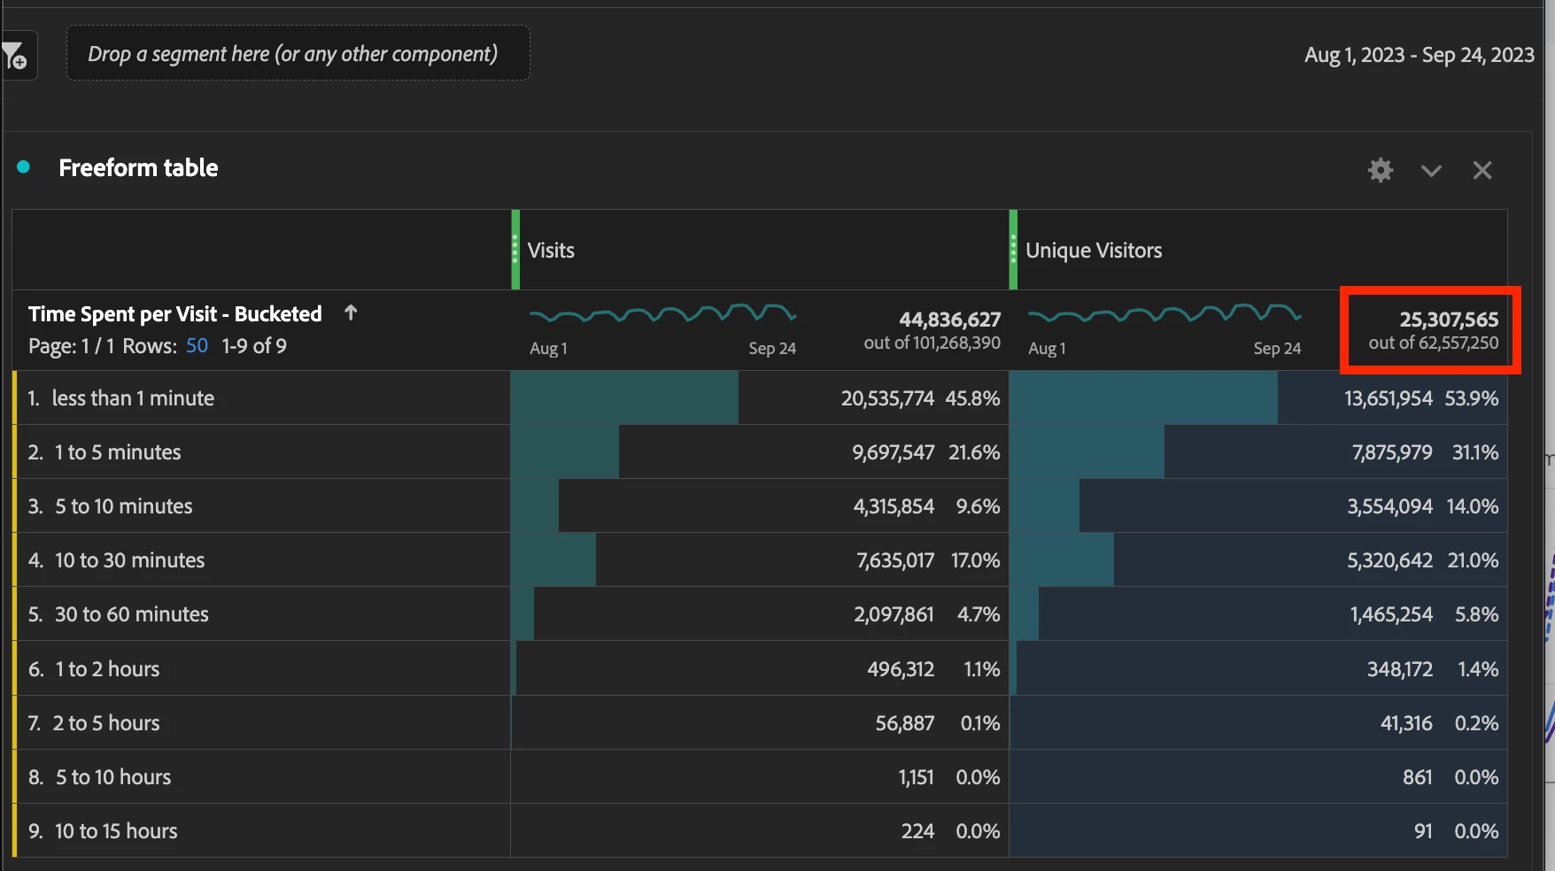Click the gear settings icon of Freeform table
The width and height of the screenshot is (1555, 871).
[1380, 170]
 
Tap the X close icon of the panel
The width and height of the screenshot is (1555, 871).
[1482, 170]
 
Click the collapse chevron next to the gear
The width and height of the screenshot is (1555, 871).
[1431, 170]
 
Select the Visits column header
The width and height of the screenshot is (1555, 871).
[551, 251]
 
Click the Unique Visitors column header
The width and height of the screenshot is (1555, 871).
[1094, 251]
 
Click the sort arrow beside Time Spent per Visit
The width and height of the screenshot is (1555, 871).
[351, 313]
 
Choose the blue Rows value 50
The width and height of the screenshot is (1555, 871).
[197, 346]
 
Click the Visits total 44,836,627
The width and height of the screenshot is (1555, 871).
[949, 320]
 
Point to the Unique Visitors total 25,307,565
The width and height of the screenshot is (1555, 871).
[1448, 320]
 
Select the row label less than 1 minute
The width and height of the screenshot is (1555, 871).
[133, 398]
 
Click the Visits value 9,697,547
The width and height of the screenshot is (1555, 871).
[893, 452]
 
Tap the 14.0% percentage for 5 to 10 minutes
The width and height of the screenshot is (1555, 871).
[1472, 506]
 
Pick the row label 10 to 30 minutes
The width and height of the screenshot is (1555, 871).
[129, 560]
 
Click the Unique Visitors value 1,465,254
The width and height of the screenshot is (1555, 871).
[1390, 614]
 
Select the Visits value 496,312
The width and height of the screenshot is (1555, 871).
[900, 669]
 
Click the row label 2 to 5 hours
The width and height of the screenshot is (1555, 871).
[106, 723]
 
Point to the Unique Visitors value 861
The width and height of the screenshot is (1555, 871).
[1417, 777]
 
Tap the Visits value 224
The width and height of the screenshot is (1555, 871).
[917, 831]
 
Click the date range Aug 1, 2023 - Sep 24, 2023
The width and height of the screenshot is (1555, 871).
[1419, 55]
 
